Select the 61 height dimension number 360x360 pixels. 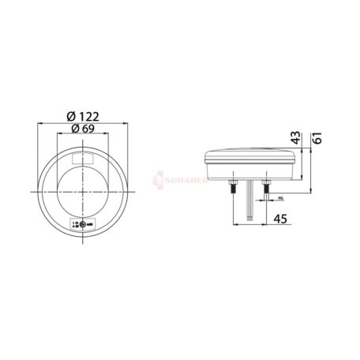coord(317,140)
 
